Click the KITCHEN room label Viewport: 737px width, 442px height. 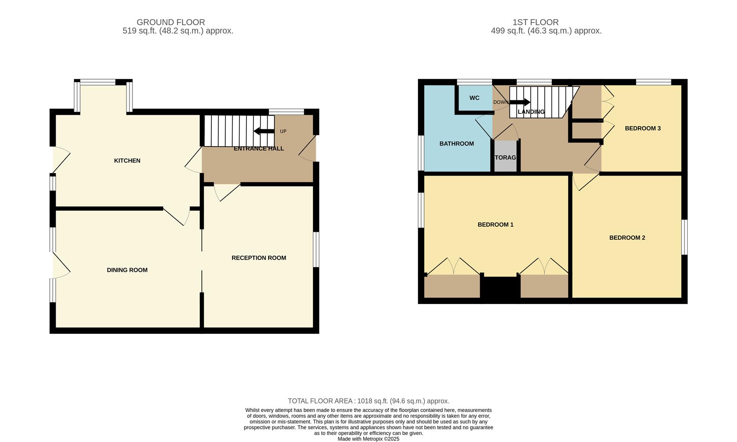tap(127, 161)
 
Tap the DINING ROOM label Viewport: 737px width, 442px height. tap(127, 270)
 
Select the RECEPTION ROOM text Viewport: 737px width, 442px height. tap(259, 258)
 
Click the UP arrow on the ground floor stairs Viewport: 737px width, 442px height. tap(264, 131)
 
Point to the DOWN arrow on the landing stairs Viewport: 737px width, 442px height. tap(520, 102)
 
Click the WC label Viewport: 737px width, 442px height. tap(474, 98)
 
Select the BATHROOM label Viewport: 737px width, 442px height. tap(457, 144)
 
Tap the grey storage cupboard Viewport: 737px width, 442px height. tap(505, 157)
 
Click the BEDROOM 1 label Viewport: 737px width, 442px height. tap(495, 225)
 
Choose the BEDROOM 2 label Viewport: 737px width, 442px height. tap(627, 238)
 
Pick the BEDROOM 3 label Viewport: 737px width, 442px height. tap(642, 129)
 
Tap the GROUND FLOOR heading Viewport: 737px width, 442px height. tap(171, 22)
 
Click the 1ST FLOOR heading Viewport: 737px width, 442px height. tap(535, 22)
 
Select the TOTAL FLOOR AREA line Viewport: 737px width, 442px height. tap(368, 401)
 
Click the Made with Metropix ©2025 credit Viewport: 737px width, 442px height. tap(368, 439)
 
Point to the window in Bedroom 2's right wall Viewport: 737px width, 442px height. tap(684, 237)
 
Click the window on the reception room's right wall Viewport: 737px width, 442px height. tap(316, 250)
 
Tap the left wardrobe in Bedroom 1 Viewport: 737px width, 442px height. tap(452, 286)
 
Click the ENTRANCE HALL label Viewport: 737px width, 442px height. tap(259, 149)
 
